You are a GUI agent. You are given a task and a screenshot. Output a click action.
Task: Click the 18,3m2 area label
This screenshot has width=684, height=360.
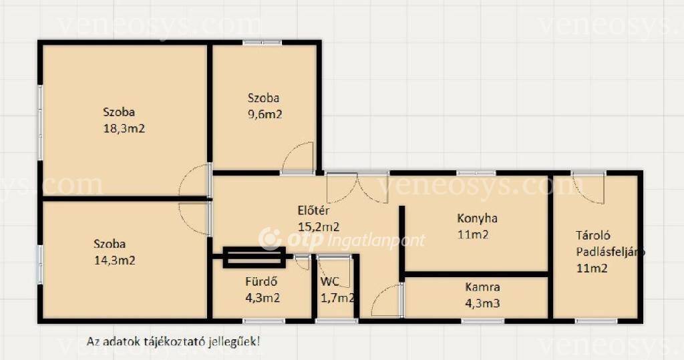(x=124, y=129)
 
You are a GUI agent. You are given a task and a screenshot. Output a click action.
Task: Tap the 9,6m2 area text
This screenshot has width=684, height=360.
(x=265, y=114)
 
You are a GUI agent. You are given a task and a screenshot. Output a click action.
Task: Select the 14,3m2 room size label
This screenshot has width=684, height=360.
(x=115, y=260)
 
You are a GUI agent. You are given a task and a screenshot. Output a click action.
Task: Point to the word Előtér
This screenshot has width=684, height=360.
(x=313, y=210)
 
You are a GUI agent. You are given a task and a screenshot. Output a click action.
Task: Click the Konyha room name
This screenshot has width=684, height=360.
(x=477, y=218)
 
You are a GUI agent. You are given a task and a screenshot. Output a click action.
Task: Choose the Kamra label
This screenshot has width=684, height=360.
(x=482, y=287)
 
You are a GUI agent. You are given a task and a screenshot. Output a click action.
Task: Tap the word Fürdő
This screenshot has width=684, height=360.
(x=261, y=281)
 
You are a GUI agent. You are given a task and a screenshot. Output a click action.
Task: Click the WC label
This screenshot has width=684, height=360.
(x=330, y=282)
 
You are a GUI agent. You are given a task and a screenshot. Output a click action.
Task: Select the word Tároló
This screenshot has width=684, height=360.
(x=593, y=236)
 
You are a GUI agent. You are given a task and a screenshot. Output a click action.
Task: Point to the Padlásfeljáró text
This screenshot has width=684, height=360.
(x=611, y=252)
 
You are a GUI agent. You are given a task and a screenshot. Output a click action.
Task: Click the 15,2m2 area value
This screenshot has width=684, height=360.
(x=319, y=227)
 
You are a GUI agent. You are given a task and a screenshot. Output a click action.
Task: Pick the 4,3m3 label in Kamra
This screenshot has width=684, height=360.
(x=482, y=303)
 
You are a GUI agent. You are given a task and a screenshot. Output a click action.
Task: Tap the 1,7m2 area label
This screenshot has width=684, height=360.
(x=337, y=298)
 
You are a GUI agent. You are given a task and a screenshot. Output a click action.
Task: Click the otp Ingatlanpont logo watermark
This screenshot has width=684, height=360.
(x=341, y=240)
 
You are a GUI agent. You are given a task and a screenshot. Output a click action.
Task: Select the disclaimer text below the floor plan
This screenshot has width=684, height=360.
(x=173, y=341)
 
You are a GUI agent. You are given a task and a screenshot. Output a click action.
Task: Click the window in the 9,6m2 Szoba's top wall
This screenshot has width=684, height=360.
(x=262, y=43)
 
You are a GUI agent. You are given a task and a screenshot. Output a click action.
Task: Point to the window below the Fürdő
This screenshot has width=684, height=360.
(x=264, y=321)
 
